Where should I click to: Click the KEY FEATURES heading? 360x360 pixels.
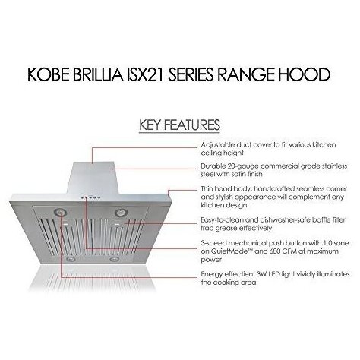[179, 125]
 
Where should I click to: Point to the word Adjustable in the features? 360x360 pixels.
[218, 145]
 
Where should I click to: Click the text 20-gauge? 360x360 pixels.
[242, 166]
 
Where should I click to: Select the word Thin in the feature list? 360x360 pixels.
[207, 189]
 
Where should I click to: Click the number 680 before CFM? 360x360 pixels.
[270, 251]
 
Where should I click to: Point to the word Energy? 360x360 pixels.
[212, 275]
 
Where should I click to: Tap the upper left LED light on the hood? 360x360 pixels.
[59, 212]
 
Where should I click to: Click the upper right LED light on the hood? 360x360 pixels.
[121, 212]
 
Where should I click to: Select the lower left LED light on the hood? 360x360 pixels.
[70, 259]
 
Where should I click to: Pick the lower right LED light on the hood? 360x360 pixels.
[115, 259]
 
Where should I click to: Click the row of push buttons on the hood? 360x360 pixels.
[90, 198]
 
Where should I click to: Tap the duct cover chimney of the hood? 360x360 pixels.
[93, 178]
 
